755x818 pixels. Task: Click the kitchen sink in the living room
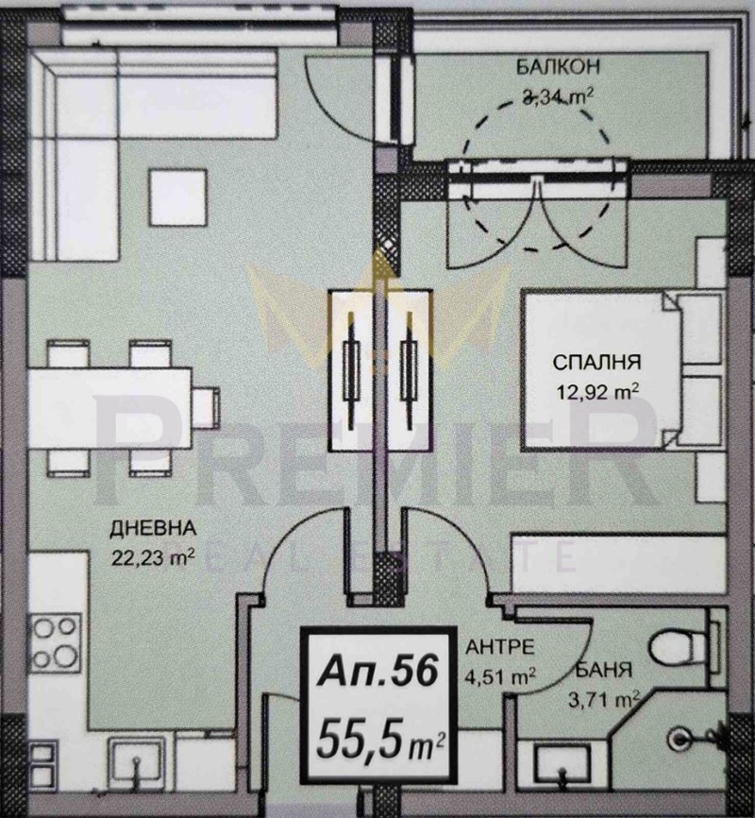point(135,760)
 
